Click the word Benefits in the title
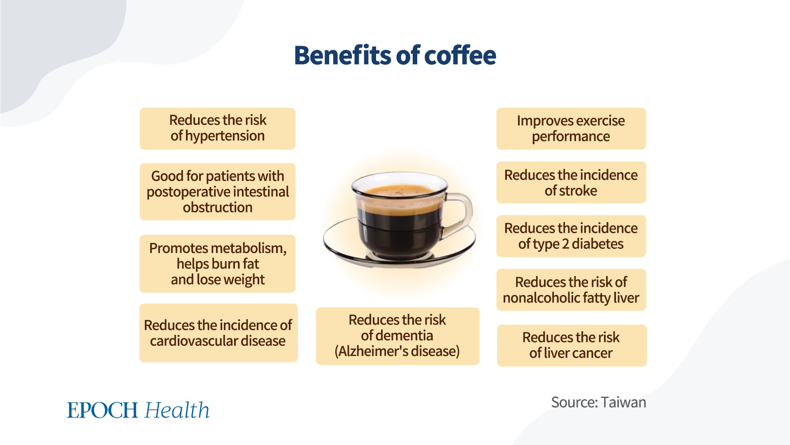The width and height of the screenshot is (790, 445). (x=344, y=55)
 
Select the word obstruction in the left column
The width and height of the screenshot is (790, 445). (x=218, y=207)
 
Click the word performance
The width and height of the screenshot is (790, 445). (x=571, y=137)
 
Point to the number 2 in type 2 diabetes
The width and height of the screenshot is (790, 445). (x=565, y=244)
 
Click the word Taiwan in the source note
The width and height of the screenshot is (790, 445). (x=623, y=402)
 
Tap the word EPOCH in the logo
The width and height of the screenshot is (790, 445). (x=102, y=410)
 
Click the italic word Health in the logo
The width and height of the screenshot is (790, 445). (x=177, y=410)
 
